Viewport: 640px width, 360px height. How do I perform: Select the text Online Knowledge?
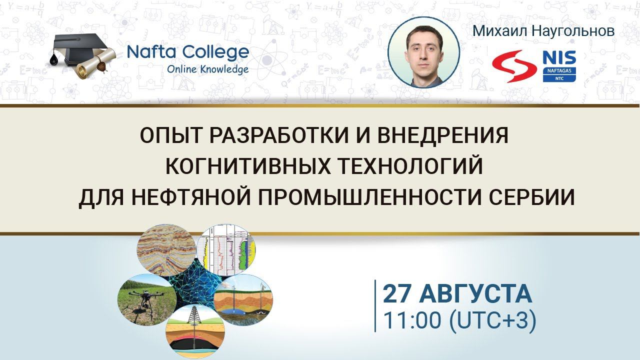207,69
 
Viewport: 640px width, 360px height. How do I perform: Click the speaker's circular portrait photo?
423,52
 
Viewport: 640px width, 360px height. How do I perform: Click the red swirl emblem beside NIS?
513,66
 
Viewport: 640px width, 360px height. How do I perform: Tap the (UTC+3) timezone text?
492,320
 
